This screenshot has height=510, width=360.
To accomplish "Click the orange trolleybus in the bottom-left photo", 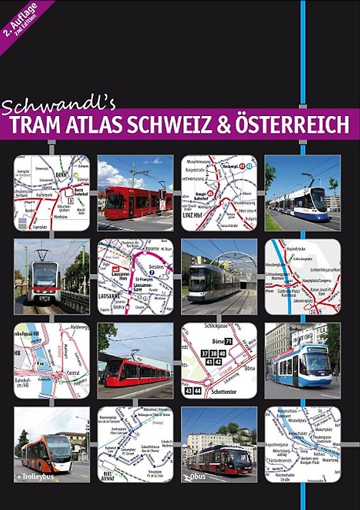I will pos(47,454).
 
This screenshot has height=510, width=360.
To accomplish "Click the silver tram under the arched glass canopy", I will pos(205,281).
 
